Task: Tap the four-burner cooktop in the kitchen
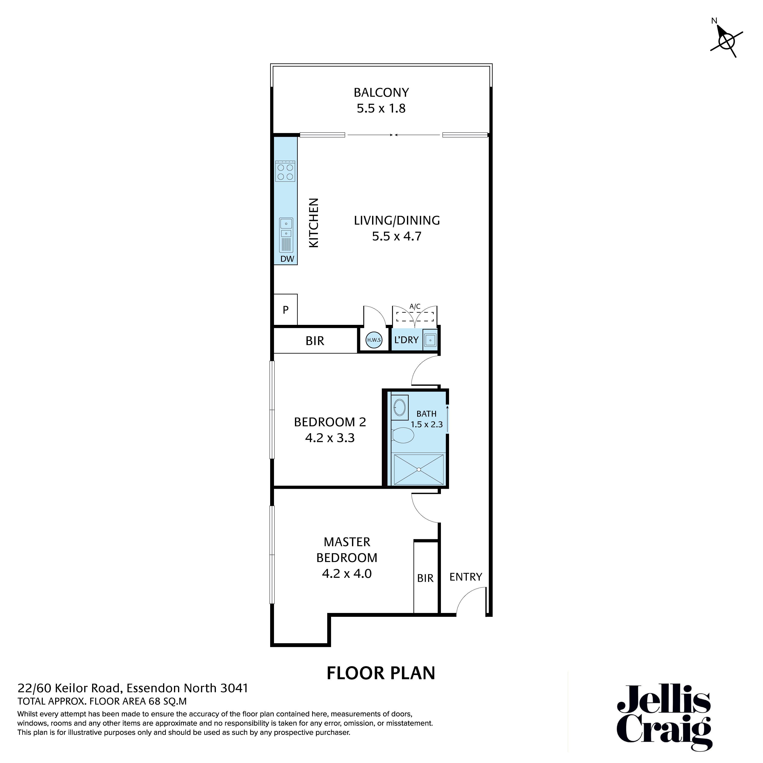click(285, 171)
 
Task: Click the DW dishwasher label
click(287, 259)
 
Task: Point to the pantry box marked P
click(286, 310)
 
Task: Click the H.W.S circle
click(374, 340)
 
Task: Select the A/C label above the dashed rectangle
click(415, 306)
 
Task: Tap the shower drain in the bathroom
click(419, 470)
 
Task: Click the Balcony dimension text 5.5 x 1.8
click(381, 109)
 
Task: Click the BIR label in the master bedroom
click(425, 578)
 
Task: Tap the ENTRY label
click(466, 577)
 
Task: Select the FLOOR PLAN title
click(381, 673)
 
